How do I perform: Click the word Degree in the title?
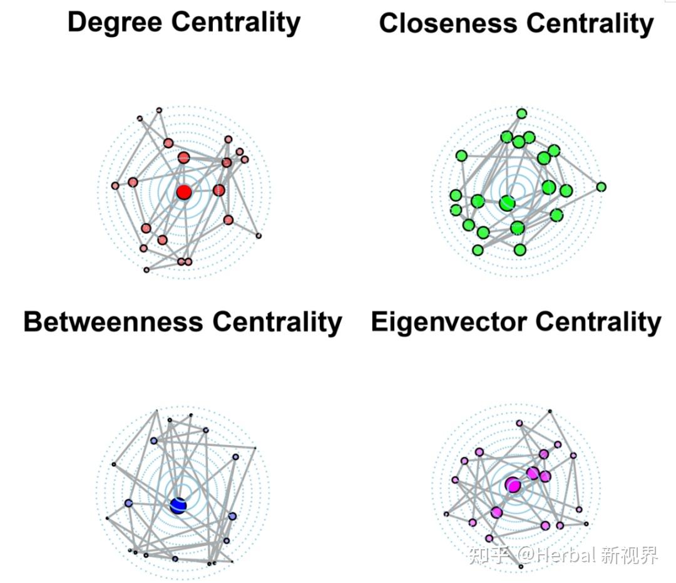[115, 23]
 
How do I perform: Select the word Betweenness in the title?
[113, 322]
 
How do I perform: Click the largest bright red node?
[183, 192]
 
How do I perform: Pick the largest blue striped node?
[178, 505]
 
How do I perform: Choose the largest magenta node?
[513, 485]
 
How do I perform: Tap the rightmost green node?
[602, 187]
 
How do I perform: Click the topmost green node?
[521, 113]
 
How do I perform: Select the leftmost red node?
[115, 185]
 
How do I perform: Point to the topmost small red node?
[159, 110]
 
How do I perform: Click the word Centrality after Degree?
[236, 23]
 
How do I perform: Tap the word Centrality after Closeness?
[590, 24]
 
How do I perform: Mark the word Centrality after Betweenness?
[277, 322]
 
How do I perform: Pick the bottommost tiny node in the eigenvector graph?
[521, 566]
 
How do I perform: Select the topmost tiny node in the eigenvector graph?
[550, 411]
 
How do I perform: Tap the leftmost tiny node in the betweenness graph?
[107, 518]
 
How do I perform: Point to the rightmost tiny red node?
[259, 235]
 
